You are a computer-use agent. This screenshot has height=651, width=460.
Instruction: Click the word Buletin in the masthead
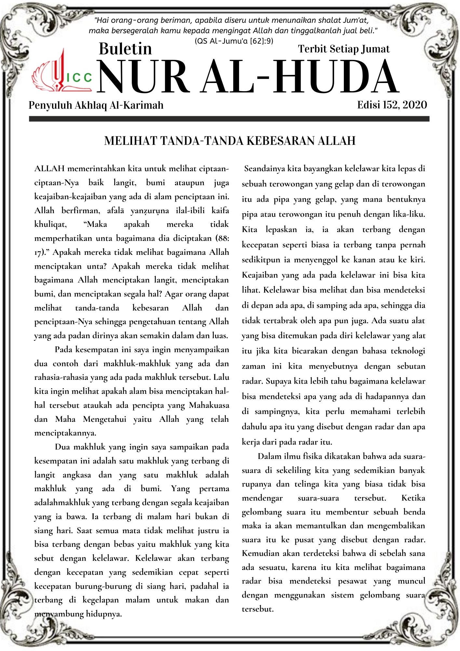coord(125,49)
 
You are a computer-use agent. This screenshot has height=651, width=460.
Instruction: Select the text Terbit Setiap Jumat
coord(344,49)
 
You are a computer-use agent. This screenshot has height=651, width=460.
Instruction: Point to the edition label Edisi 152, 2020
coord(392,105)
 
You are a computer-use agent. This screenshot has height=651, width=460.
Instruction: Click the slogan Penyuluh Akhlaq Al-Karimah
coord(96,105)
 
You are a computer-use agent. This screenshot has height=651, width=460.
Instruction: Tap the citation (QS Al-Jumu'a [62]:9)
coord(234,41)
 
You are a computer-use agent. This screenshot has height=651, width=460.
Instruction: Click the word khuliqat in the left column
coord(50,224)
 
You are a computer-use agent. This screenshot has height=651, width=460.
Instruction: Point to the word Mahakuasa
coord(209,405)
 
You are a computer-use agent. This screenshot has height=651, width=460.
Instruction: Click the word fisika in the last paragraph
coord(314,456)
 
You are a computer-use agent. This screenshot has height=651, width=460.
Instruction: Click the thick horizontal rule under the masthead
coord(229,119)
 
